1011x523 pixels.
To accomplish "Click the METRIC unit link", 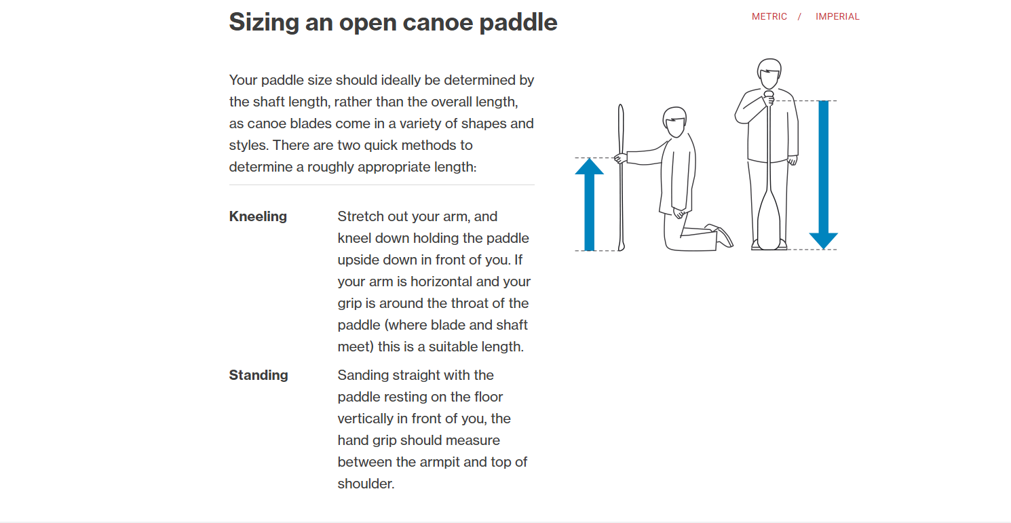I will [769, 16].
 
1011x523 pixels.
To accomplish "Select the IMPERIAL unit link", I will [837, 16].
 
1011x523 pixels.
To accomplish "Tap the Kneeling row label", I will [258, 216].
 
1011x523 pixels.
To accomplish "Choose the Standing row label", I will [259, 375].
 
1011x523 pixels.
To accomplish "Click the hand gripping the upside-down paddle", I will [620, 158].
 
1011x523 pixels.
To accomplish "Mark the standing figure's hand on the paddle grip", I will [769, 99].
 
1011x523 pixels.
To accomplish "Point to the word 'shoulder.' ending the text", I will [366, 484].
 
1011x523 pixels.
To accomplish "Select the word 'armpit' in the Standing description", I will [432, 462].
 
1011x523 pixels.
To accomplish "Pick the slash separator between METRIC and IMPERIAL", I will [800, 16].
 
